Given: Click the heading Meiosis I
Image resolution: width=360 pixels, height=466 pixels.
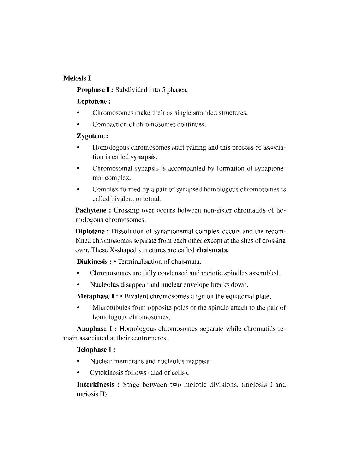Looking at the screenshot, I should (77, 78).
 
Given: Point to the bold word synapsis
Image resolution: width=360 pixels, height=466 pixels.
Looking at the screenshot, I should (144, 157).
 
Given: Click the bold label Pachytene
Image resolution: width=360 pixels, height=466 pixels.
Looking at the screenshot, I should (91, 210).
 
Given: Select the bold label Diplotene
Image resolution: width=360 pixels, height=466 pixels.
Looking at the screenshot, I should (90, 232).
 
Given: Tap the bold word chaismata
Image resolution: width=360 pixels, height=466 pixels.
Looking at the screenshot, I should (212, 250).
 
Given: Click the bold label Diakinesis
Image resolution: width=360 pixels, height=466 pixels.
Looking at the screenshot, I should (92, 262).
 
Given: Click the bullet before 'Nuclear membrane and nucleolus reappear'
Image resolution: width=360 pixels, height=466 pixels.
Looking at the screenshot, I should (78, 362).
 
